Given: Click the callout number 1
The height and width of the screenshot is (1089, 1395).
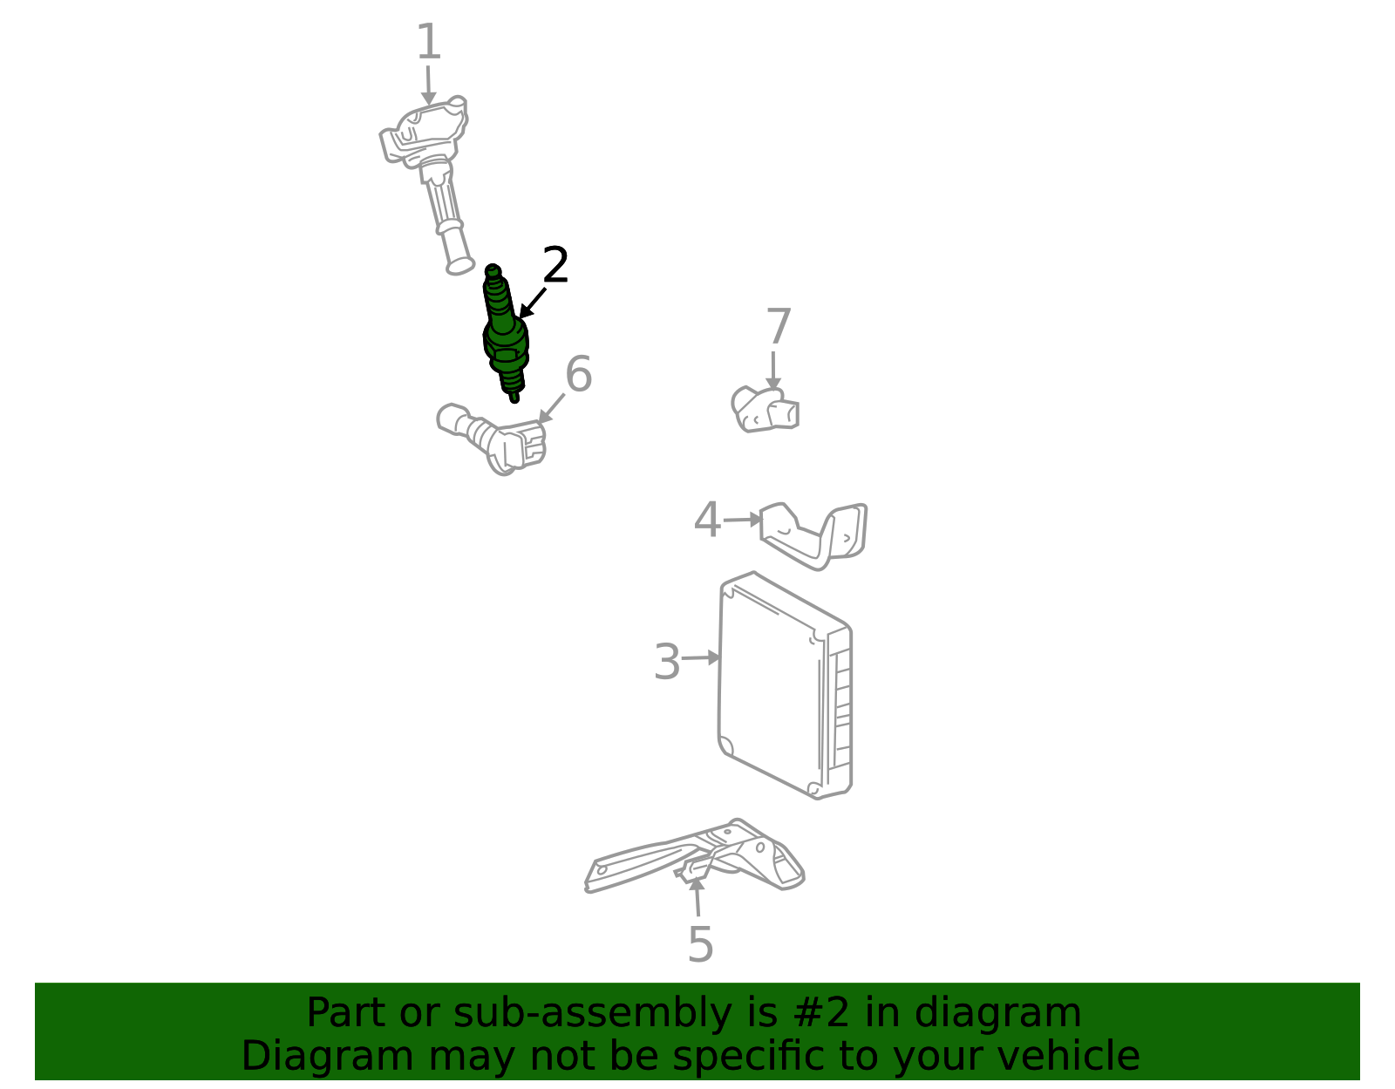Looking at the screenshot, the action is [429, 42].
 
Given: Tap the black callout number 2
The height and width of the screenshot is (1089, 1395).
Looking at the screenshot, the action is [555, 264].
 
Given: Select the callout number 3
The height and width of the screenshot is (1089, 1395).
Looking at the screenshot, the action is [666, 662].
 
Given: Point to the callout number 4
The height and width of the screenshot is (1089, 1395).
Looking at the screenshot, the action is [707, 520].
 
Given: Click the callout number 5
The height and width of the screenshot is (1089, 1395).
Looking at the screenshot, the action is [700, 944].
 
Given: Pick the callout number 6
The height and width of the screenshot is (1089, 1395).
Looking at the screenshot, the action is [578, 373].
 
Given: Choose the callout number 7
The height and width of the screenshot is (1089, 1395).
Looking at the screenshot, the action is [779, 325].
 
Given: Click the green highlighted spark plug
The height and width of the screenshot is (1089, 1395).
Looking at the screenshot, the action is [506, 334].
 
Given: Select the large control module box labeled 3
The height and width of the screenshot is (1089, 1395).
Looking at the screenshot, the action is [785, 685].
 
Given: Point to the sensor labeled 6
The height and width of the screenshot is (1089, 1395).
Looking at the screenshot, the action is [492, 439].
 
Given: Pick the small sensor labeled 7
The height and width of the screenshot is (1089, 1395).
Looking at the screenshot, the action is [765, 410].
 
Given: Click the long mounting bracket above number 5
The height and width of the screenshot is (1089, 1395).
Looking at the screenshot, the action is [694, 857].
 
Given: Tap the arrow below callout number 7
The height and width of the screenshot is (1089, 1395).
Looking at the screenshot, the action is [773, 371].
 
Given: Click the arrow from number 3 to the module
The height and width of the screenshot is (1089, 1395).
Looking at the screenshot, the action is [700, 657].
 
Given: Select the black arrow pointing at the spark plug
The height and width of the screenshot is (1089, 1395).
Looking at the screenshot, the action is [532, 303].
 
